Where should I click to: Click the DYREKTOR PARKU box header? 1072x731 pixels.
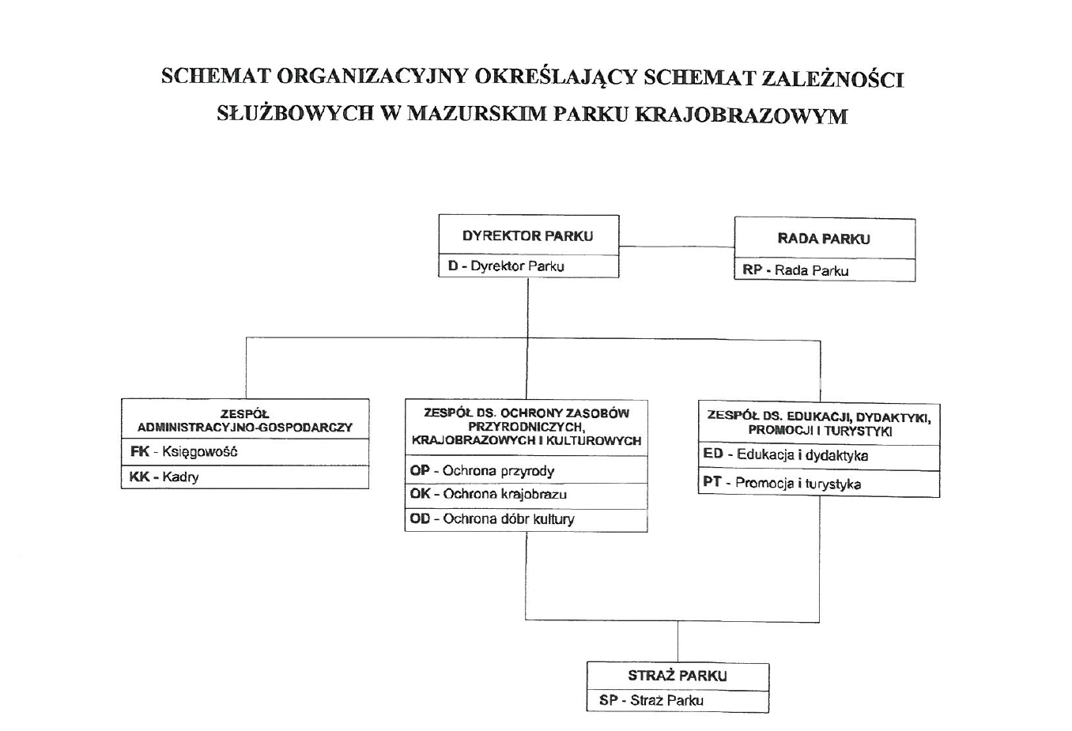(527, 236)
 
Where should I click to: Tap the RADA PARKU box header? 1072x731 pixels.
(824, 239)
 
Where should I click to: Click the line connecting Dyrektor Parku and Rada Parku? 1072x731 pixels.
(677, 247)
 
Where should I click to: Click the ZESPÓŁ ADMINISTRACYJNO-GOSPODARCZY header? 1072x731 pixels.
(244, 420)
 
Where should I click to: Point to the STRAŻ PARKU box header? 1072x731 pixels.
(678, 676)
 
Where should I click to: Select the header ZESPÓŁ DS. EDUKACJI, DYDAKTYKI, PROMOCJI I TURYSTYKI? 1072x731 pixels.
(819, 424)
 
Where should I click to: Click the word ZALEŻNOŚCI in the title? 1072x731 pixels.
(832, 78)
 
